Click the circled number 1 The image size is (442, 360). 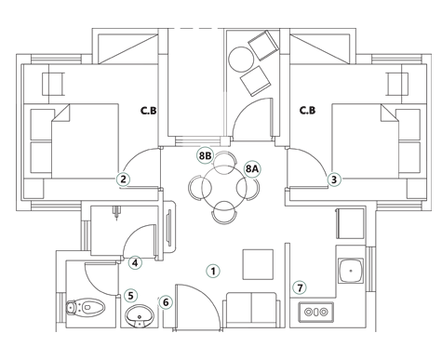pos(212,272)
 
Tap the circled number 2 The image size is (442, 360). pos(123,180)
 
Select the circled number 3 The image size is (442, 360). pos(334,179)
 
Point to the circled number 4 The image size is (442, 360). pos(135,263)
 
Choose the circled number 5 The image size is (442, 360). pos(131,296)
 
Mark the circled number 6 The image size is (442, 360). pos(166,301)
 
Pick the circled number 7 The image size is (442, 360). pos(300,287)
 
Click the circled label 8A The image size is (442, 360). pos(251,168)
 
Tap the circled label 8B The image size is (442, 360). pos(206,159)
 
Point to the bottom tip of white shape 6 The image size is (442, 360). pos(168,314)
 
